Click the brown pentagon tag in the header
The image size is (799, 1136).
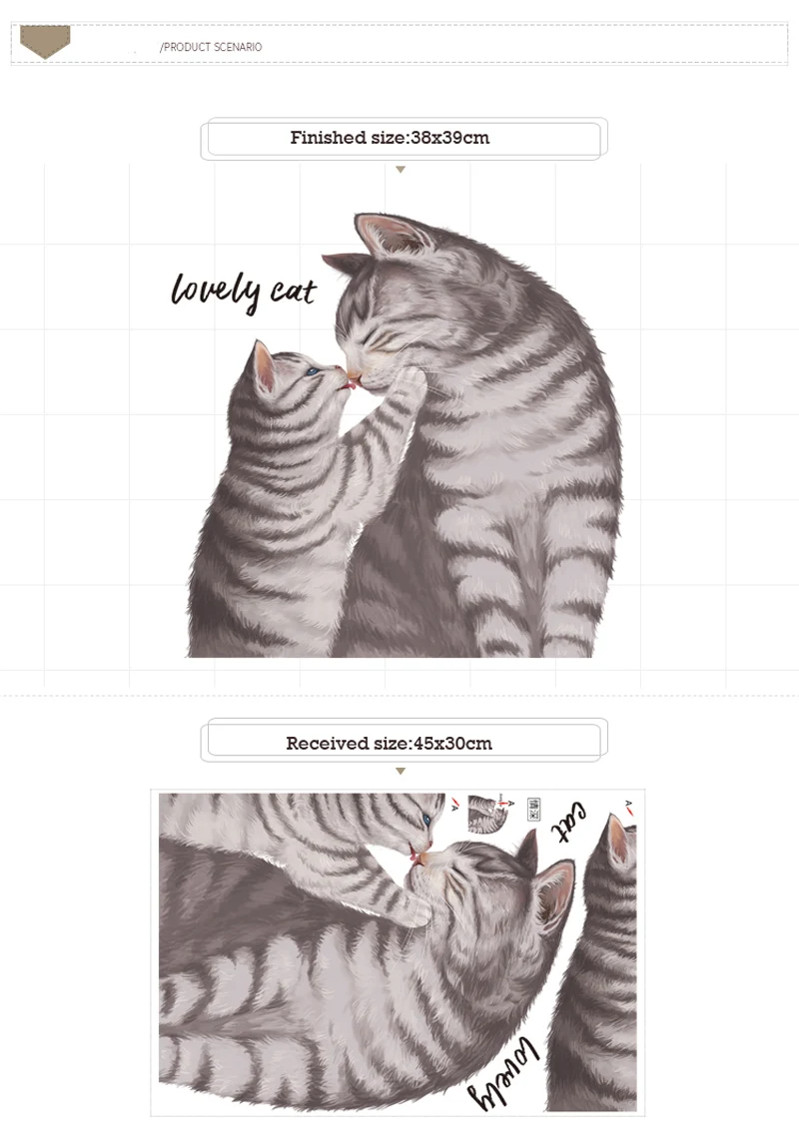[45, 41]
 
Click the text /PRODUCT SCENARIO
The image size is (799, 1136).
[211, 47]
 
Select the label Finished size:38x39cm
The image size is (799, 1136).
[391, 138]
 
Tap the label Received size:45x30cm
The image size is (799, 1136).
[390, 744]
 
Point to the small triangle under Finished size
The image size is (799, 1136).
[400, 170]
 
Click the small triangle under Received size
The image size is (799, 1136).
[400, 772]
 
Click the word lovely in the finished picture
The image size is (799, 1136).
[216, 290]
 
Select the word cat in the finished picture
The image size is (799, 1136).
[294, 291]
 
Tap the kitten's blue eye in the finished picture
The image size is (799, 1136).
[313, 371]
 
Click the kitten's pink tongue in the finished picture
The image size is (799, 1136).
[351, 386]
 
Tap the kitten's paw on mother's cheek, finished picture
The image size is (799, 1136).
[410, 384]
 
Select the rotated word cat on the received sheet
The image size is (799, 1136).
[570, 823]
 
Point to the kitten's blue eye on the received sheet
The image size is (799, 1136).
[426, 821]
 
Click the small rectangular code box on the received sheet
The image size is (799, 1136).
[533, 810]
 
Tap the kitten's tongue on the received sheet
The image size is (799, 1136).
[414, 854]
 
